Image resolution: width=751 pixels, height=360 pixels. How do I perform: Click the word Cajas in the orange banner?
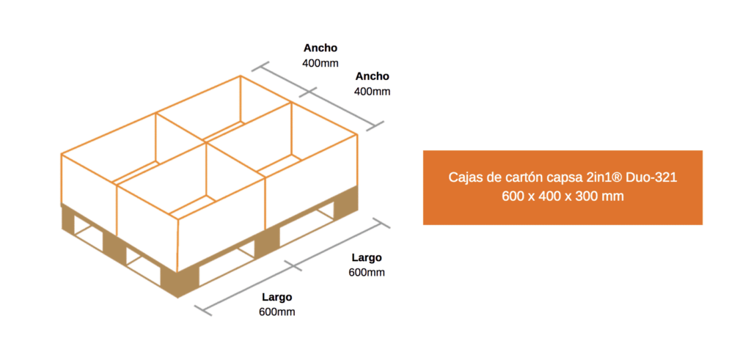[464, 178]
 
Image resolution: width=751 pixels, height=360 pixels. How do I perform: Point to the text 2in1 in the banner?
[601, 178]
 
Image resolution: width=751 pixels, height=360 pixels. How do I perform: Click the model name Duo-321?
[655, 178]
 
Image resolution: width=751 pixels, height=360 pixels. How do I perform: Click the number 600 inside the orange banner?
[513, 196]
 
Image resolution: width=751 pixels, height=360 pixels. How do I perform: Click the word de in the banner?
[491, 178]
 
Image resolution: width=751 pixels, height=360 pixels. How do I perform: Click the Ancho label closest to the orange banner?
[372, 76]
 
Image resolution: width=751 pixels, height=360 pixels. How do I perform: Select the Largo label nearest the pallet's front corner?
[277, 297]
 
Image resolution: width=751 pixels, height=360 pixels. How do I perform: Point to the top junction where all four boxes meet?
[206, 142]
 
